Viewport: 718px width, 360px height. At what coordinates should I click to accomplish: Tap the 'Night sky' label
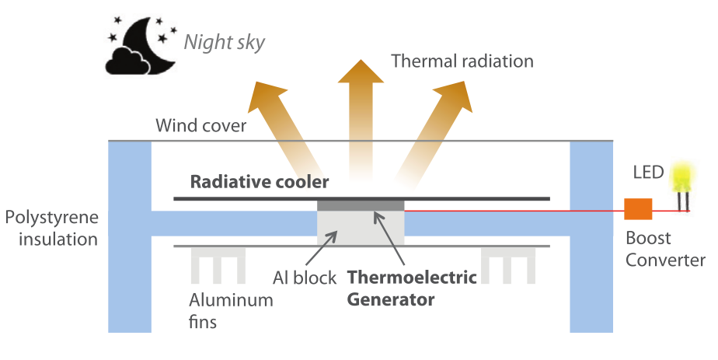224,41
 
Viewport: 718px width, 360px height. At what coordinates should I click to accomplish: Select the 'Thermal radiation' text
462,61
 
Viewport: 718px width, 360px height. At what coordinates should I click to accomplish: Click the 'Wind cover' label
200,125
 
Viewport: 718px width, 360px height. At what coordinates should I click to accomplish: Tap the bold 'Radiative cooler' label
260,183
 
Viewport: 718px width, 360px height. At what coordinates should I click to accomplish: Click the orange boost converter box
638,209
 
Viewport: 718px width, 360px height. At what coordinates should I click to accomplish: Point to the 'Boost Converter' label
665,249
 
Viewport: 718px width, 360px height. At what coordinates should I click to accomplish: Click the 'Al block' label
305,278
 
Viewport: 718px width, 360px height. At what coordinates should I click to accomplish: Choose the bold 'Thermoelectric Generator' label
411,288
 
